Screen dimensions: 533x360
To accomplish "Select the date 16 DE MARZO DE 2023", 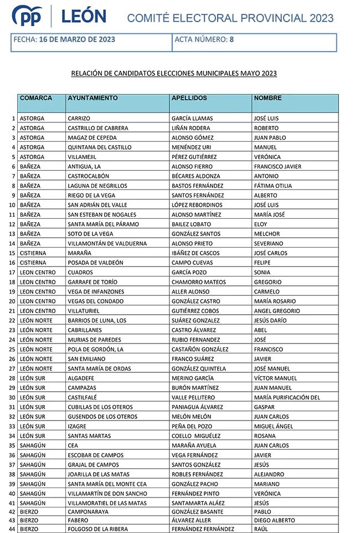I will click(77, 39).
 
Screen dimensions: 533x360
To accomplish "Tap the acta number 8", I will click(232, 39).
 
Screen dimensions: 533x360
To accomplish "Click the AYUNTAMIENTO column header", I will click(92, 98).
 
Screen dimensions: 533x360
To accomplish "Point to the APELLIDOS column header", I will click(189, 98).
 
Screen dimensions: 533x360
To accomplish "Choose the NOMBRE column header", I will click(268, 98).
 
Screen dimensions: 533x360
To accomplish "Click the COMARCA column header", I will click(36, 98).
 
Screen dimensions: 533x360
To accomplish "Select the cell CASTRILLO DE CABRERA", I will click(98, 128).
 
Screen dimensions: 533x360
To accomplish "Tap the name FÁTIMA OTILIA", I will click(272, 186).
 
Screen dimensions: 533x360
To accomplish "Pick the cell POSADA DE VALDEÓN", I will click(95, 263).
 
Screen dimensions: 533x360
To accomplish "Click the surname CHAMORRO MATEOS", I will click(199, 282).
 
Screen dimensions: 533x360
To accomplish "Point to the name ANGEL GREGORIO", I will click(277, 311).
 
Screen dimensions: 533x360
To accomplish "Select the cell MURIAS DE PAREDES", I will click(94, 340).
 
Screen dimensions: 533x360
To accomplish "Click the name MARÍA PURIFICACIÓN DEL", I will click(287, 397).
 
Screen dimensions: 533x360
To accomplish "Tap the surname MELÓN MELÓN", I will click(192, 417).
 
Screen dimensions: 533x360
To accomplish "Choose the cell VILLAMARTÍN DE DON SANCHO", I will click(107, 494).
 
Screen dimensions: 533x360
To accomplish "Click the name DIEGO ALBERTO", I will click(274, 520).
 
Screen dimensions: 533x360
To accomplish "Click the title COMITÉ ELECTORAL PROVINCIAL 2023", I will click(230, 18).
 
